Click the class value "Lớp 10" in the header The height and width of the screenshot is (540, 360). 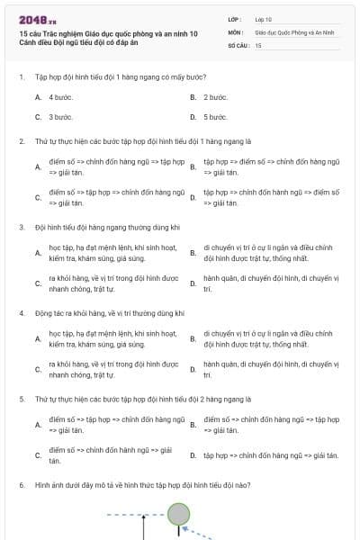[x=263, y=18]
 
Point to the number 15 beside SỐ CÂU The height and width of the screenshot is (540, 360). [x=258, y=44]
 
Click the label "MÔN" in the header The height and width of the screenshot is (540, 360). [x=235, y=31]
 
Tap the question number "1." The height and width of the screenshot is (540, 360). [x=22, y=76]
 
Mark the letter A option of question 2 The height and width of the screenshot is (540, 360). [x=38, y=167]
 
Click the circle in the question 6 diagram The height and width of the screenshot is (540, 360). [x=179, y=514]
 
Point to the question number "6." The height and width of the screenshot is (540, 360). [x=22, y=485]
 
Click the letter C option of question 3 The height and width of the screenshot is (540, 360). [x=38, y=283]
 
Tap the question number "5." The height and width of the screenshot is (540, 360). [x=22, y=398]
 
